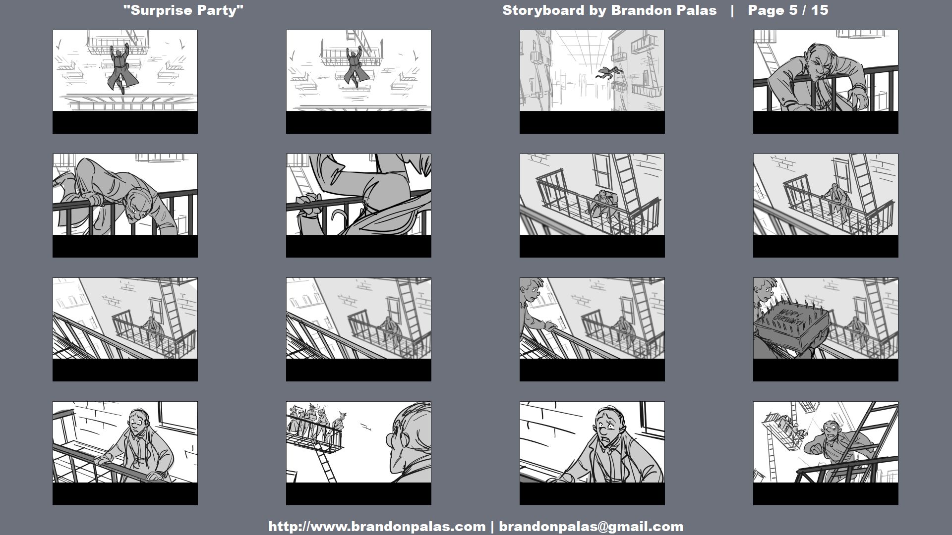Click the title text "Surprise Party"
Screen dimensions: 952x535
tap(183, 10)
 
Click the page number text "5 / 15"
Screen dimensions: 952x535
tap(808, 10)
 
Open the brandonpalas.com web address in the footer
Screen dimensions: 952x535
tap(377, 527)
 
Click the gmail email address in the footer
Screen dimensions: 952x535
tap(591, 527)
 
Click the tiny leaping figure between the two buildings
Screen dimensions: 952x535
tap(609, 73)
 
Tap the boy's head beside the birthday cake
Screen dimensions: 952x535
tap(764, 290)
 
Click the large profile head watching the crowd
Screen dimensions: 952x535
tap(409, 436)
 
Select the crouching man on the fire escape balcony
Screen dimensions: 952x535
tap(603, 204)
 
